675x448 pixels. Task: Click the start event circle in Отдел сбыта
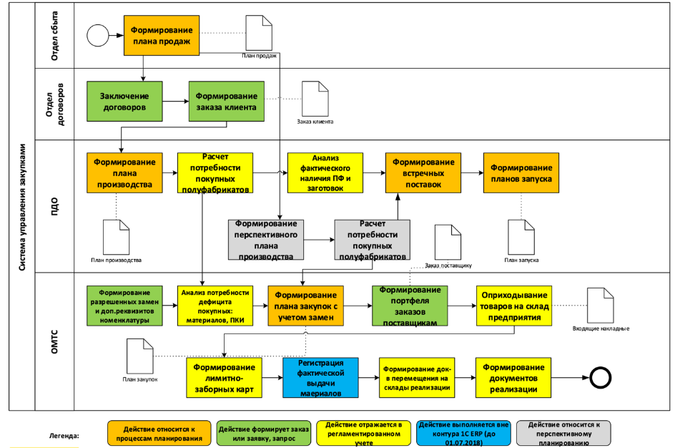pos(97,36)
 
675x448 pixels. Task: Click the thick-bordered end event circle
pos(597,377)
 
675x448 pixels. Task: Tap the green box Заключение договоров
pos(124,101)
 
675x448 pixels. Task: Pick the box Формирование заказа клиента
pos(226,101)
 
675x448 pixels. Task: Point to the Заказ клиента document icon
pos(315,98)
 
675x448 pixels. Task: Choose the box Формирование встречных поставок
pos(422,172)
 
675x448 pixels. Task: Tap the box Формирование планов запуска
pos(521,172)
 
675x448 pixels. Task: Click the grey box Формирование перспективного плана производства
pos(265,239)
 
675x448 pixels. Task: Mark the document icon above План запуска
pos(520,237)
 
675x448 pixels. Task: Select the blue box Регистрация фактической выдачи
pos(320,377)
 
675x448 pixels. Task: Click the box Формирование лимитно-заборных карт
pos(224,377)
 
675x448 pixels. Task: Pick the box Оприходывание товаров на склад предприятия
pos(515,306)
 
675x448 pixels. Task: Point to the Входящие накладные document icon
pos(599,305)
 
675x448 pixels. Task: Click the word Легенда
pos(65,435)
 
